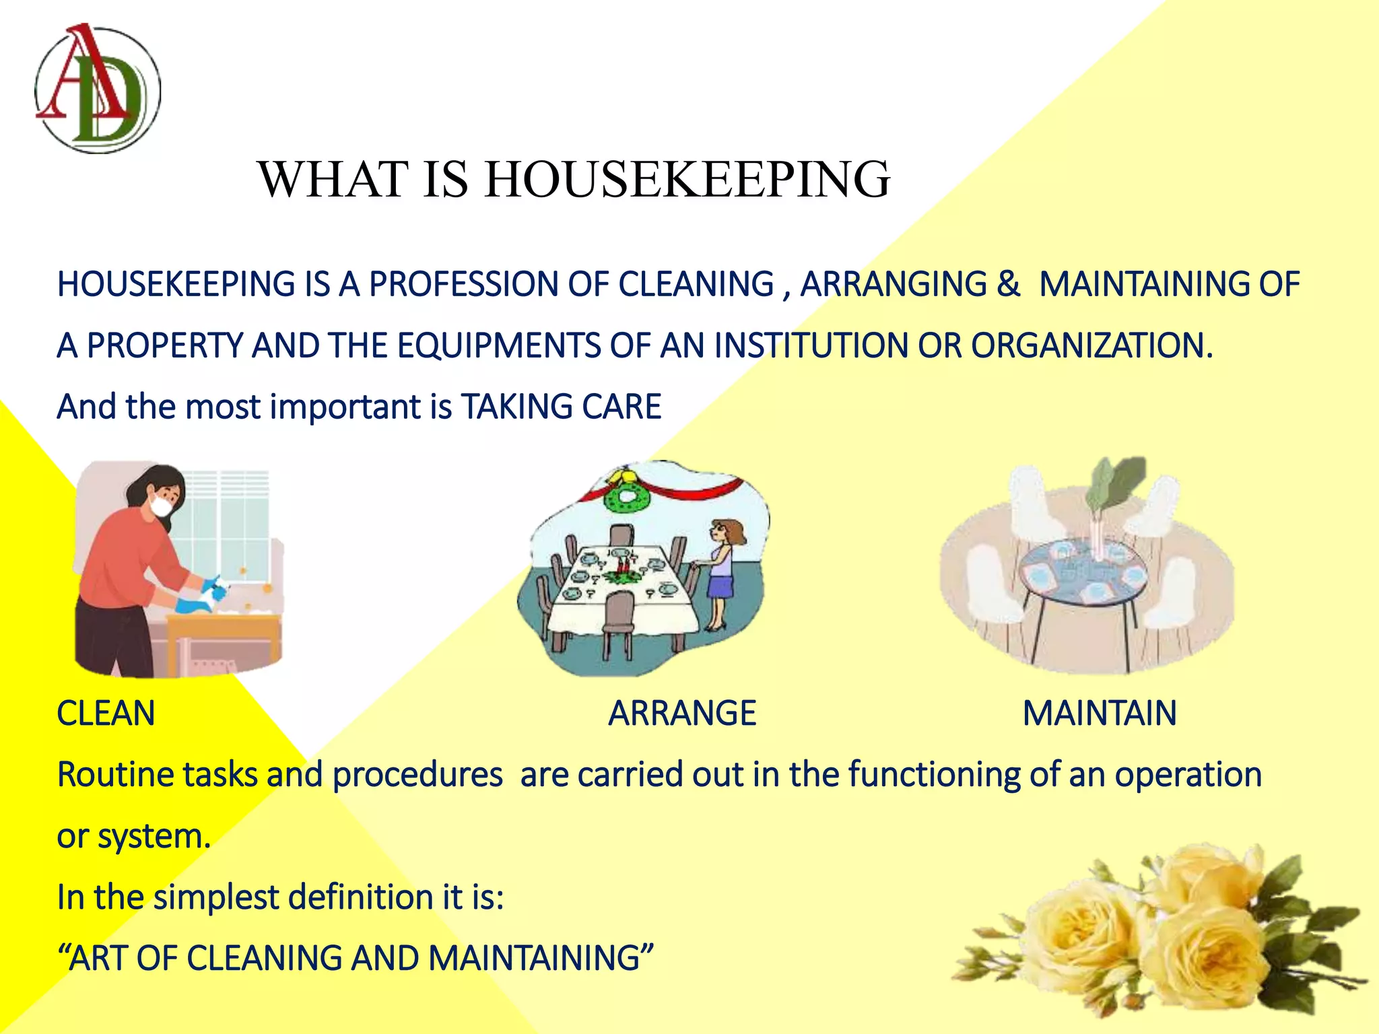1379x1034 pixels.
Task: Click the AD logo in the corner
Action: point(98,89)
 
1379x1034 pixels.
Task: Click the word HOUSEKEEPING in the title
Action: point(687,180)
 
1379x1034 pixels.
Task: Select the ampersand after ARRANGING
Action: point(1008,284)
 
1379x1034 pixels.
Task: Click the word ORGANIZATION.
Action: point(1091,346)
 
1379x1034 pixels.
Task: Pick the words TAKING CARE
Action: point(561,407)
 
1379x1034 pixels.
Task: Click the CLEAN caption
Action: point(106,714)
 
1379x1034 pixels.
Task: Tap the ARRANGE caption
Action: point(681,714)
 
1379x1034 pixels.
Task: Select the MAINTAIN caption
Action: point(1099,714)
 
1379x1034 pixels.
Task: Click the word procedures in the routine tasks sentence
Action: point(417,775)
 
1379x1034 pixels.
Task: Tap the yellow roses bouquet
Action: point(1158,936)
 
